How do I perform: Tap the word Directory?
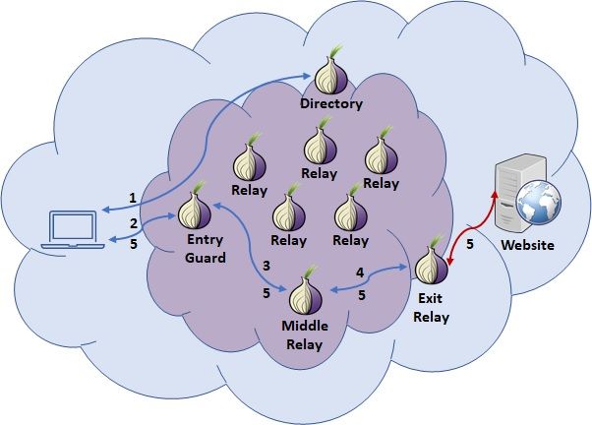tap(331, 103)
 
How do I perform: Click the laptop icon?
tap(73, 230)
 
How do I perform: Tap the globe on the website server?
tap(538, 203)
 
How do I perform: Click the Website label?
tap(527, 245)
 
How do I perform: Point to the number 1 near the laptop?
tap(133, 198)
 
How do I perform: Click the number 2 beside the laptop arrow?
tap(134, 223)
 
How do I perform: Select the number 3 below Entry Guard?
tap(266, 266)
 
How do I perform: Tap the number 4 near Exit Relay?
tap(360, 273)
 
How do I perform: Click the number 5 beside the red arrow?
tap(470, 244)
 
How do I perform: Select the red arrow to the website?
tap(470, 227)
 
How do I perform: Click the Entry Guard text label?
tap(205, 249)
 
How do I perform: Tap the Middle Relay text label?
tap(305, 335)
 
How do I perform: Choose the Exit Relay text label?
tap(431, 308)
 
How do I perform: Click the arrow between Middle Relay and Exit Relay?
tap(368, 279)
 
